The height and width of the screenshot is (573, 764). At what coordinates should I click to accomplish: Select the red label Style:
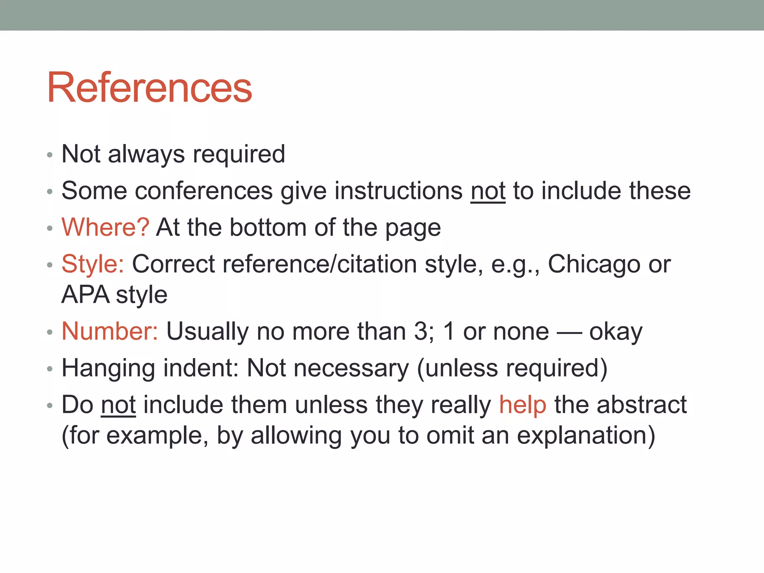pos(93,264)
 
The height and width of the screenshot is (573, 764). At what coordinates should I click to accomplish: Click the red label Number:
pos(110,331)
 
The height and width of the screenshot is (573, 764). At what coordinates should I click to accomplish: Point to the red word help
pos(523,405)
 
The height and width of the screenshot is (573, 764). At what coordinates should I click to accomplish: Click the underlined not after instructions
pos(488,191)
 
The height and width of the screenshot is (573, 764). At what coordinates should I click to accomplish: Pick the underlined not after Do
pos(118,405)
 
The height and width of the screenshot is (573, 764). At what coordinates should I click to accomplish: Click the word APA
pos(85,295)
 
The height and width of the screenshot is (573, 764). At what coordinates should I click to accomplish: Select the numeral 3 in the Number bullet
pos(421,331)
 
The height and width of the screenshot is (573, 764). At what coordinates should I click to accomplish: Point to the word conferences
pos(204,191)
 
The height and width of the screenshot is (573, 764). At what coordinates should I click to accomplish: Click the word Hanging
pos(108,368)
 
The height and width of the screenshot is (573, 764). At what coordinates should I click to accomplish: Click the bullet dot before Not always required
pos(50,155)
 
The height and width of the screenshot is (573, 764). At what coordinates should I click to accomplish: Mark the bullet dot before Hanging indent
pos(50,369)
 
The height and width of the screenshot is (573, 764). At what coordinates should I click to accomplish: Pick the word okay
pos(616,331)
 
